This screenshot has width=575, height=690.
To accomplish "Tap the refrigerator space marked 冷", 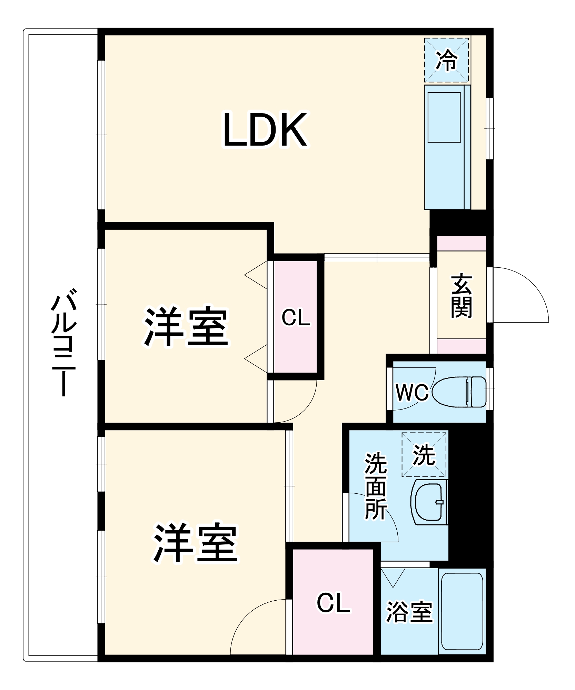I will pos(446,60).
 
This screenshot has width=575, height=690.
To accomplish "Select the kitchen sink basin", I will pos(444,117).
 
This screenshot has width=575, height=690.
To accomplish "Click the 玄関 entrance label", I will pos(461,296).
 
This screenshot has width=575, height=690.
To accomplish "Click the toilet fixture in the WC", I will pos(459,392).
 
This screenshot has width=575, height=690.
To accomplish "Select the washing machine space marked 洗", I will pos(424,455).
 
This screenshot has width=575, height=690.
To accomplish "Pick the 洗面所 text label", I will pos(376,486).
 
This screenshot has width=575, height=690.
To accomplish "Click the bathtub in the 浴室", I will pos(462,611).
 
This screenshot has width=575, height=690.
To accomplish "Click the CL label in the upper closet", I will pos(296,318).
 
